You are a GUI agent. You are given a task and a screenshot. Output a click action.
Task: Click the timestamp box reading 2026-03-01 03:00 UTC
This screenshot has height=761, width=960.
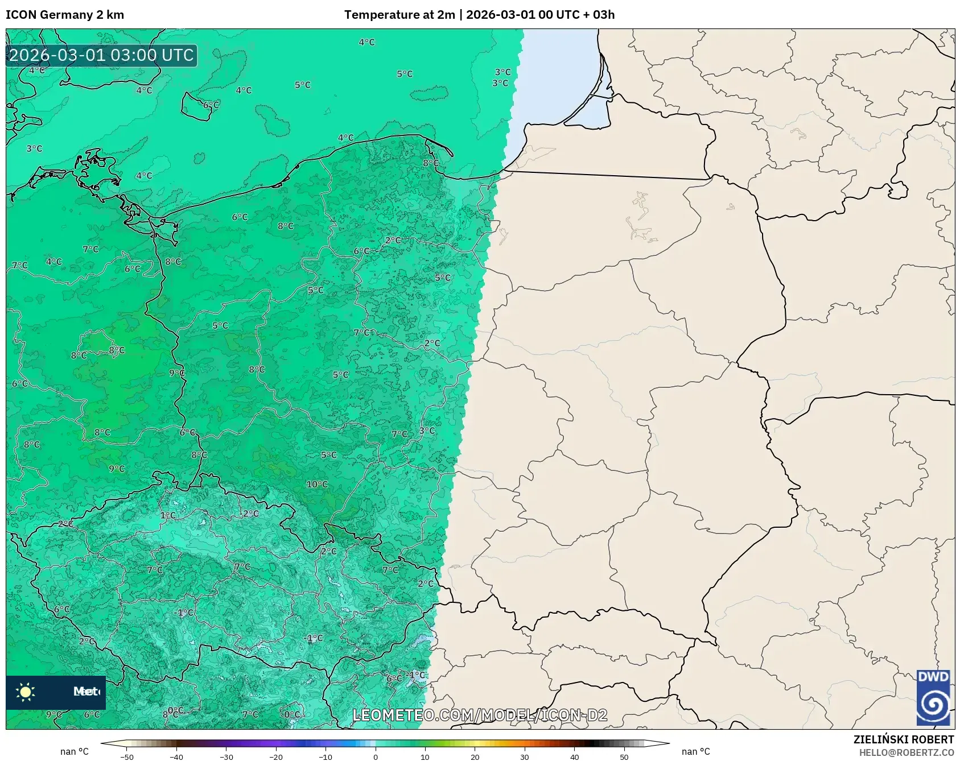click(x=101, y=55)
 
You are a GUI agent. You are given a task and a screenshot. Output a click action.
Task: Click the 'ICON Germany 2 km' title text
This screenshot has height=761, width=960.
click(x=65, y=15)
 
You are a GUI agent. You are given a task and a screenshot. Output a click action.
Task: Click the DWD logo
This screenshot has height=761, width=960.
click(x=933, y=697)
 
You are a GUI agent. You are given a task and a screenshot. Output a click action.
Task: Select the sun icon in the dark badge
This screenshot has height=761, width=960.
click(x=26, y=692)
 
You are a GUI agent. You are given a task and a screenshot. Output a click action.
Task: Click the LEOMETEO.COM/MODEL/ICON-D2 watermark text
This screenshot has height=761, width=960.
click(x=480, y=715)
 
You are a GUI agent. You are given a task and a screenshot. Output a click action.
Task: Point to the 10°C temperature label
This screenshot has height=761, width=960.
click(x=317, y=485)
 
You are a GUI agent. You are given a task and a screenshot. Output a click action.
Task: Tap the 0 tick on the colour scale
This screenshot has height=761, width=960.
click(x=376, y=756)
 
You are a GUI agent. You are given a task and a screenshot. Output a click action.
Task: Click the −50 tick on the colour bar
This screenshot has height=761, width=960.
click(x=127, y=756)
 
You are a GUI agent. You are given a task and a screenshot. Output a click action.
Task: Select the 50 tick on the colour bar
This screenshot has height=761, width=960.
click(x=624, y=756)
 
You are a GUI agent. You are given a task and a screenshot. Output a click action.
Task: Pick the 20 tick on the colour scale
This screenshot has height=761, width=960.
click(x=475, y=756)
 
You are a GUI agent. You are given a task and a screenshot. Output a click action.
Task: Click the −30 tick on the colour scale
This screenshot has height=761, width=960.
click(x=226, y=756)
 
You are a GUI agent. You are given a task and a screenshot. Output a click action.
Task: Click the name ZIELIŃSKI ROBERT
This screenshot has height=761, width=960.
click(x=903, y=739)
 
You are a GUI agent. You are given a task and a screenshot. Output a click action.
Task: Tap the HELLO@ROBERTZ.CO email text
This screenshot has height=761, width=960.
click(x=906, y=752)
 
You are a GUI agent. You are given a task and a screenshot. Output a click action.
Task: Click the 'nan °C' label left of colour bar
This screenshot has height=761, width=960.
click(x=75, y=751)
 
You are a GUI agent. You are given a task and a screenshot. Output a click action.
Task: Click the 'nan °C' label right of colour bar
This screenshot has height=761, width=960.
click(x=695, y=751)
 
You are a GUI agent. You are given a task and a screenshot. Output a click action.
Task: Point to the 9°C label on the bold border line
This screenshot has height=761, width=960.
click(x=177, y=373)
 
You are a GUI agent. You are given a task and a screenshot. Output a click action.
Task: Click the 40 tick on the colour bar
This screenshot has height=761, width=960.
click(x=574, y=756)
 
